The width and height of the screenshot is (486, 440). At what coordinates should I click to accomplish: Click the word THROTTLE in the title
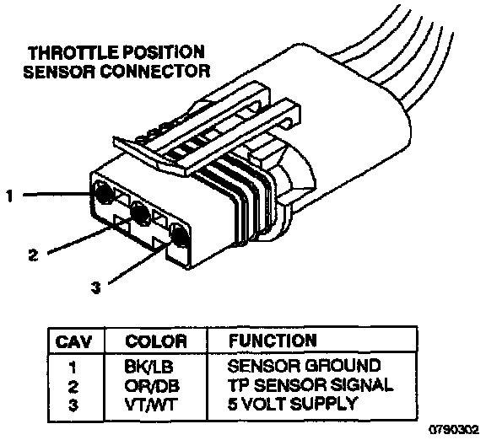click(73, 52)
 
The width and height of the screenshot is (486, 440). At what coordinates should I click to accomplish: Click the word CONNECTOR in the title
click(155, 71)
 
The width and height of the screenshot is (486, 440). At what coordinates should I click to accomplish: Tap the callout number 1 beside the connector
click(10, 196)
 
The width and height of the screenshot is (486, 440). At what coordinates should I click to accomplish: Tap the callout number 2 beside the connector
click(33, 255)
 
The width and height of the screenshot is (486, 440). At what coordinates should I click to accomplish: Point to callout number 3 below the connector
click(96, 287)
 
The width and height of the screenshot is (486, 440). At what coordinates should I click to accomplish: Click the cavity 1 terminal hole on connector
click(104, 194)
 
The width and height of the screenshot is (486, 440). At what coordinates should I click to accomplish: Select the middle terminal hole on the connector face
click(139, 213)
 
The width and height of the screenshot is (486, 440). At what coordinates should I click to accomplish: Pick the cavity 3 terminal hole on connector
click(179, 235)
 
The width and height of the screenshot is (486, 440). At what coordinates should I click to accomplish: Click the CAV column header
click(73, 342)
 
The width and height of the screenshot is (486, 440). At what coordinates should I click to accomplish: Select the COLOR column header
click(156, 341)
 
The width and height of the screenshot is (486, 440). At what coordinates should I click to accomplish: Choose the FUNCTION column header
click(273, 341)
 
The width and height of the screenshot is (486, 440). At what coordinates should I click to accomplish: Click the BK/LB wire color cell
click(148, 367)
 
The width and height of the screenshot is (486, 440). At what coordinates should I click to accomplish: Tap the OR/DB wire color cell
click(152, 386)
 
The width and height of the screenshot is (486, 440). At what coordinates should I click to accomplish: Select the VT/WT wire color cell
click(151, 405)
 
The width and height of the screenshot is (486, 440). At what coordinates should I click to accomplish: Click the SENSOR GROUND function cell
click(304, 366)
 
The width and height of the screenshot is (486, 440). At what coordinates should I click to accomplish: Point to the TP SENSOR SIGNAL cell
click(310, 385)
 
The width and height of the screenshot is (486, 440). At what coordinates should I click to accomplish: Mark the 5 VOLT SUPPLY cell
click(292, 404)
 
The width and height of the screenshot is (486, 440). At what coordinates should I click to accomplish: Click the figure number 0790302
click(454, 430)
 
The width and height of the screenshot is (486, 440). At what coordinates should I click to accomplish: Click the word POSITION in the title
click(164, 52)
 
